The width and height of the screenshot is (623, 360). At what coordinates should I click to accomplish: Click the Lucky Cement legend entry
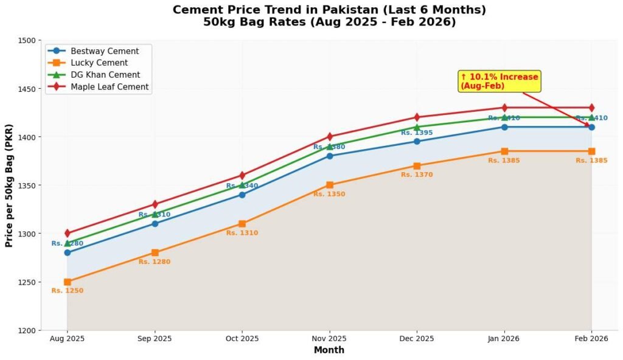coord(99,63)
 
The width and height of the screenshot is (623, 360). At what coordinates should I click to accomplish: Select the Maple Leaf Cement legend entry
coord(109,87)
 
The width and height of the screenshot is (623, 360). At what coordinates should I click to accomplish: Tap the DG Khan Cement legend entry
coord(105,75)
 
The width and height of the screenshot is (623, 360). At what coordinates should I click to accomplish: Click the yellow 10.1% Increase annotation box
coord(499,81)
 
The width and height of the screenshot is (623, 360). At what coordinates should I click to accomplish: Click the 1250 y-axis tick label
coord(27,282)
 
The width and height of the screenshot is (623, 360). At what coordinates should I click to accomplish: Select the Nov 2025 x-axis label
coord(329,339)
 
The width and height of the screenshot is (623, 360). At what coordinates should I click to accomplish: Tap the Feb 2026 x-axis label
coord(591,339)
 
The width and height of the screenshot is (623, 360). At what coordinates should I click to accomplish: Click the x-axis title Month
coord(329,350)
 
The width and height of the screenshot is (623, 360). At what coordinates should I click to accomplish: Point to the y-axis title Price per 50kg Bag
coord(9,185)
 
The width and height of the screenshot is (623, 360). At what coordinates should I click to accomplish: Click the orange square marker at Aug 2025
coord(68,282)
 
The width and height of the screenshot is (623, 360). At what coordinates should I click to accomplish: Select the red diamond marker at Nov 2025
coord(330,137)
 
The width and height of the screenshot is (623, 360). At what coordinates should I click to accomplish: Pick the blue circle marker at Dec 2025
coord(417,142)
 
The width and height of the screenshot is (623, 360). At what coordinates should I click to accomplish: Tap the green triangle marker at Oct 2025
coord(242,185)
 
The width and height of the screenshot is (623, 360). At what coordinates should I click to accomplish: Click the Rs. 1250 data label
coord(68,291)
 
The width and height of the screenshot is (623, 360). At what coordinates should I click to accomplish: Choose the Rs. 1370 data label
coord(417,175)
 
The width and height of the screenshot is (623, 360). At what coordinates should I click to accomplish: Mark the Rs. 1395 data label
coord(417,133)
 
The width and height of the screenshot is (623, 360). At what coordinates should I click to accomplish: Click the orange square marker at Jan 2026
coord(504,151)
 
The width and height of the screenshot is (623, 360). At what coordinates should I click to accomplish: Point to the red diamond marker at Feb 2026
coord(591,108)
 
